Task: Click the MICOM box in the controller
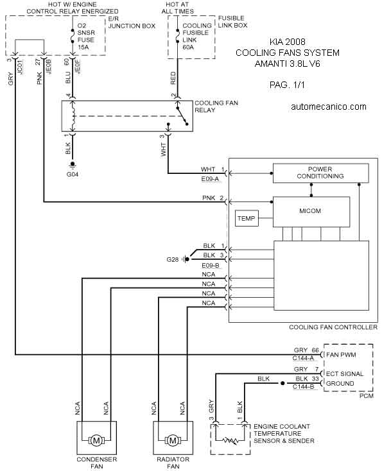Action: pos(311,212)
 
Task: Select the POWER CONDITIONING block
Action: pos(321,173)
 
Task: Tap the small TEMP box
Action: pos(247,218)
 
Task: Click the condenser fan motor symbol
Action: pos(96,441)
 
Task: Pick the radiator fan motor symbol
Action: pos(173,441)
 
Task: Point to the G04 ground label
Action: pos(73,175)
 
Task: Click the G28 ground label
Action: pos(173,259)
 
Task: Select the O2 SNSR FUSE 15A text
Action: pos(86,37)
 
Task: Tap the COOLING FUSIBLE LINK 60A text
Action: pos(197,37)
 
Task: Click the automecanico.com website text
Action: pos(329,107)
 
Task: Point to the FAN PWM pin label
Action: pos(341,355)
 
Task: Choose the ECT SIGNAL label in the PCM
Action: pos(345,373)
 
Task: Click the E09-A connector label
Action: pos(210,179)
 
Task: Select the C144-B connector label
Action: pos(303,386)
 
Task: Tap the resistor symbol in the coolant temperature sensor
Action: pos(230,441)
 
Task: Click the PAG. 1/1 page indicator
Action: pos(287,85)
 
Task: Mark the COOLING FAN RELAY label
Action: pos(216,107)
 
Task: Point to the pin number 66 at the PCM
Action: pos(315,350)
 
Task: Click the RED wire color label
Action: pos(173,78)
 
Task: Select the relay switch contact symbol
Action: pos(182,116)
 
